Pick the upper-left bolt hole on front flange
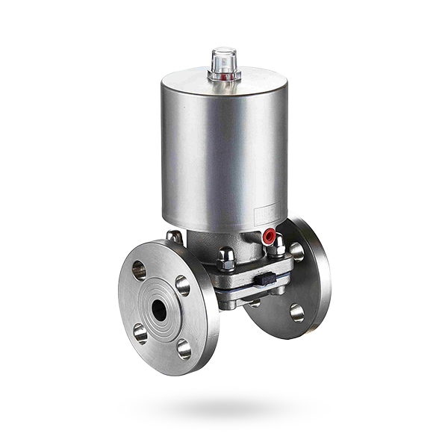click(x=140, y=270)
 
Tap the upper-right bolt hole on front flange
click(x=182, y=284)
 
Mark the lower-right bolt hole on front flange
click(x=184, y=348)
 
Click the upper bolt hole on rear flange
click(x=297, y=252)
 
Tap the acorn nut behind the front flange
click(x=174, y=237)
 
